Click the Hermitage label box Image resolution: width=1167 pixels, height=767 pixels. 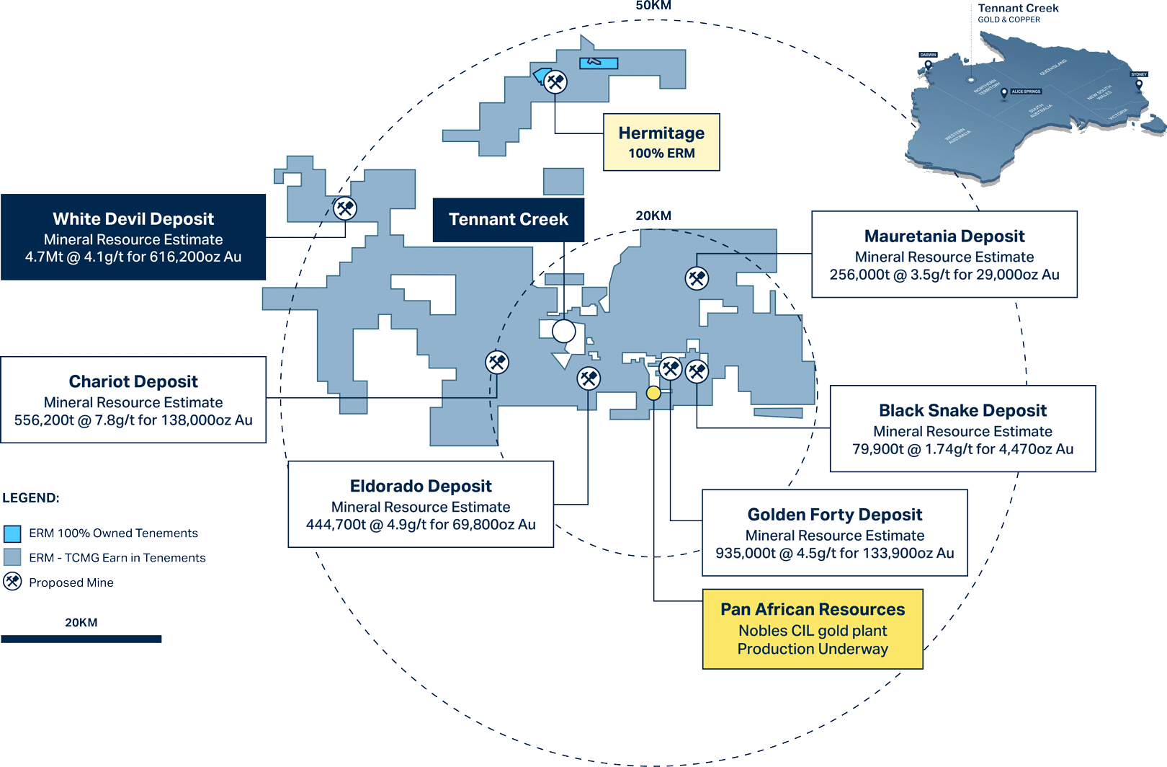tap(661, 142)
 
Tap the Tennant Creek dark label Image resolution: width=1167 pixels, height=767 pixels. tap(508, 219)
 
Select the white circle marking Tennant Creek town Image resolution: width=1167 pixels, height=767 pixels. tap(564, 331)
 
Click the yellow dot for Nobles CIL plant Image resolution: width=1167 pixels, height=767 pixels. tap(653, 393)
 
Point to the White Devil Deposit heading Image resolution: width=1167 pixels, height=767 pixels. tap(133, 218)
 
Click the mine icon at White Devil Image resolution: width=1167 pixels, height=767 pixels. tap(345, 208)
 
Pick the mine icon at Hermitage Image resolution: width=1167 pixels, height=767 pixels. tap(555, 81)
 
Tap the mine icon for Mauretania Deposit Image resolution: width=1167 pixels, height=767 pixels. tap(697, 278)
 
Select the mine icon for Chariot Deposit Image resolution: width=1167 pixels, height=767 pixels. tap(497, 362)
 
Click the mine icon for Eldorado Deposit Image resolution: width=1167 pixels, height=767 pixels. tap(589, 378)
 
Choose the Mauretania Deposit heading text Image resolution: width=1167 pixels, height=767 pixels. tap(944, 236)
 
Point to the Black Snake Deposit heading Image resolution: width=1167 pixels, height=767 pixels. tap(962, 410)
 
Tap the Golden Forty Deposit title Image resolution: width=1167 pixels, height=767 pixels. tap(834, 514)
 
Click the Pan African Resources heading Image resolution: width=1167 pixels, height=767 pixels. tap(813, 609)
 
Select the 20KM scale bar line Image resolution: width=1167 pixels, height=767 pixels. tap(81, 639)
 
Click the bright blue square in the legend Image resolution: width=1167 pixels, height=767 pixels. tap(12, 533)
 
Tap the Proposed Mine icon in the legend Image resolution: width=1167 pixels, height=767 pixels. tap(12, 582)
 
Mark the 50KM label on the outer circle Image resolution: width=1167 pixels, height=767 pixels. tap(653, 6)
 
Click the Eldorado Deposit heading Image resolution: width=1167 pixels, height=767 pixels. tap(421, 486)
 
